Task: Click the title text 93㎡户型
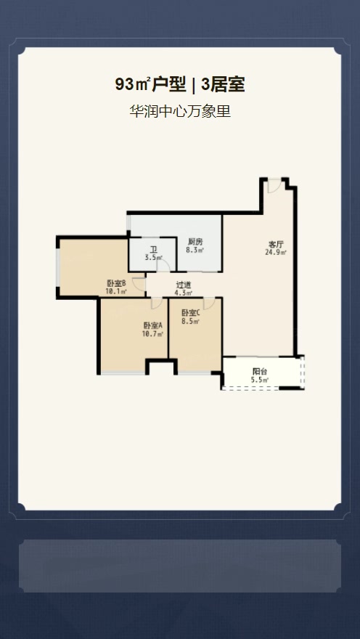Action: (x=150, y=84)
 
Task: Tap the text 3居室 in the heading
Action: (x=223, y=84)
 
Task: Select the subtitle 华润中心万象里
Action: (x=180, y=111)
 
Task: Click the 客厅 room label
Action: (x=276, y=245)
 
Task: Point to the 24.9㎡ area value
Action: (x=276, y=252)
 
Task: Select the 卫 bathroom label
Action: (x=153, y=250)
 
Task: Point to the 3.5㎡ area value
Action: (x=153, y=258)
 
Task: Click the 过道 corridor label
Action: (x=183, y=285)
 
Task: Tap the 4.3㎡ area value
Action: (x=183, y=293)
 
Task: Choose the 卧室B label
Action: (x=116, y=283)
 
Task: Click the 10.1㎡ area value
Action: (x=116, y=291)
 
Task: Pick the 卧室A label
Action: (x=152, y=325)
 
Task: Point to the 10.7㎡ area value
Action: (x=152, y=334)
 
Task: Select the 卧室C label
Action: (x=191, y=313)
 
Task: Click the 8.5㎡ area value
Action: (x=191, y=321)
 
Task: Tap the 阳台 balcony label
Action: (x=260, y=372)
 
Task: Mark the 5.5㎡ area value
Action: (x=260, y=380)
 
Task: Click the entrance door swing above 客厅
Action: (x=274, y=186)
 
